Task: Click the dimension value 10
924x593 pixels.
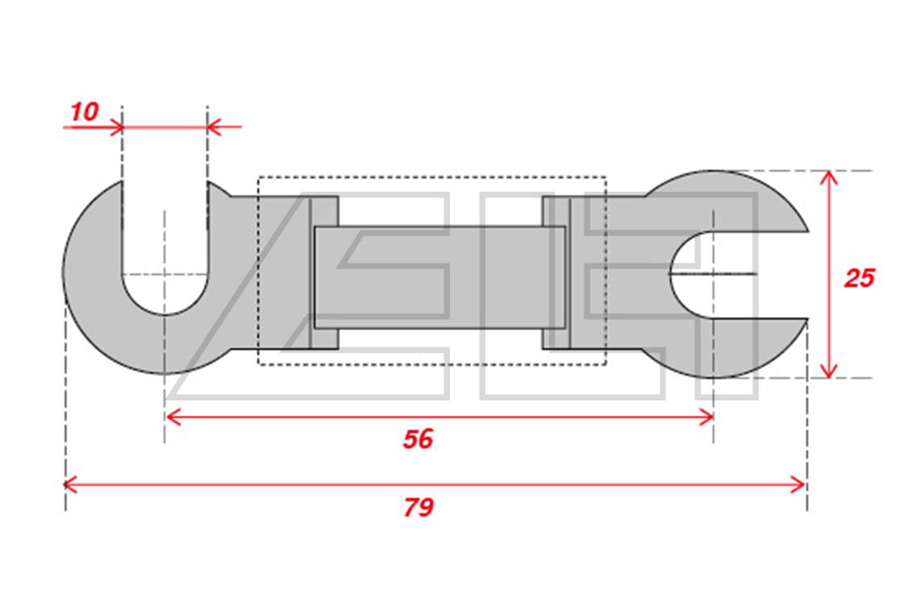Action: (x=85, y=111)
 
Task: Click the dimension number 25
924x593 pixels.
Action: (x=859, y=277)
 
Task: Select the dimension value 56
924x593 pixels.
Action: (x=418, y=439)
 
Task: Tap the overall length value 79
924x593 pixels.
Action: (x=418, y=507)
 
